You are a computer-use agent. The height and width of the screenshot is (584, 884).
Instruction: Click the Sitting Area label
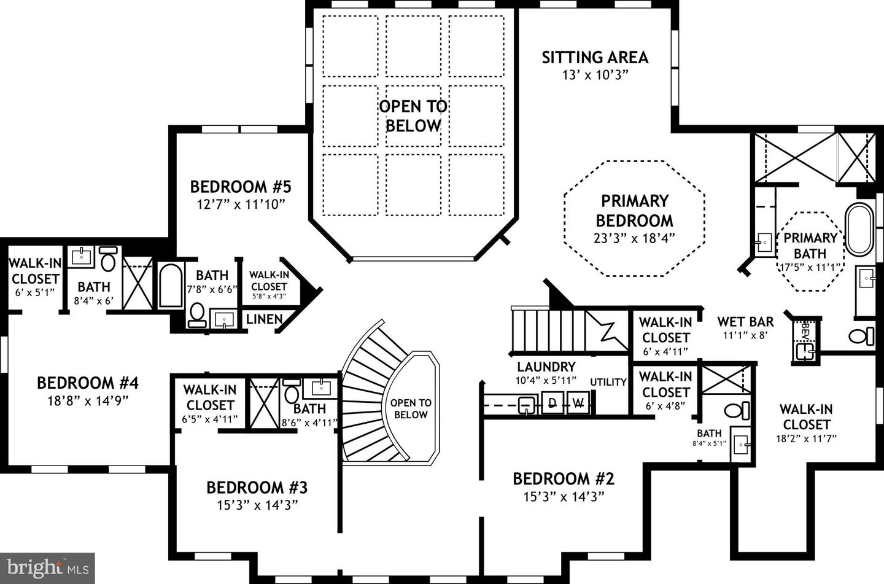tap(594, 58)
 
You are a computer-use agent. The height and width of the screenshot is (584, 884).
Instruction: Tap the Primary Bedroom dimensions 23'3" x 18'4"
tap(634, 238)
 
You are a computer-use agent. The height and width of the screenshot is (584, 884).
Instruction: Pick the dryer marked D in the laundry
tap(552, 403)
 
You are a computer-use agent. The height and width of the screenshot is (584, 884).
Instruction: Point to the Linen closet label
tap(264, 319)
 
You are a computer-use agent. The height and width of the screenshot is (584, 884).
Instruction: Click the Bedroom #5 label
tap(240, 187)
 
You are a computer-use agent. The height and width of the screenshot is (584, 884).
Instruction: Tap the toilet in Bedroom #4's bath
tap(108, 260)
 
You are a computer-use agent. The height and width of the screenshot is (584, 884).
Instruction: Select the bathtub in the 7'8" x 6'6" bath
tap(169, 285)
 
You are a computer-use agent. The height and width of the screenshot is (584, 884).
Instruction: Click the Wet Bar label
tap(745, 322)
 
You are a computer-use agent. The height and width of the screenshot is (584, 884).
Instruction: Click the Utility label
tap(608, 382)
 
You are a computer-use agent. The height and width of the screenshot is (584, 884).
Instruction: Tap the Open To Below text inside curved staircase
tap(411, 409)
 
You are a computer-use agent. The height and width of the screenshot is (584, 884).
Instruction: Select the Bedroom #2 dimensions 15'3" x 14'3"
tap(564, 497)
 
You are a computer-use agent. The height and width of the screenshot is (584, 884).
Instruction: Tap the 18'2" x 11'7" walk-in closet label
tap(806, 424)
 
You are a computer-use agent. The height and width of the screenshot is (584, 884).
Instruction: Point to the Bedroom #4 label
tap(87, 383)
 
